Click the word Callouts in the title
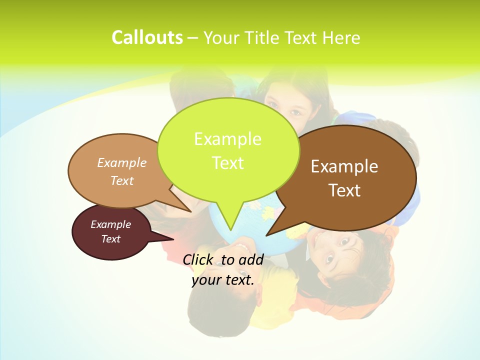point(147,37)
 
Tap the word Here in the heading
point(341,37)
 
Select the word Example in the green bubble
point(227,138)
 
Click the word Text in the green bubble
point(227,162)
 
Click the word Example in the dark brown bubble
point(344,166)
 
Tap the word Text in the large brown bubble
point(344,190)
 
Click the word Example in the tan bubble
point(122,162)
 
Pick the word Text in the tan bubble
point(122,180)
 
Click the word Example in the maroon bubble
point(110,224)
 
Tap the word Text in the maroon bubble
point(110,239)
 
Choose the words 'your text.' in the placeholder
point(223,280)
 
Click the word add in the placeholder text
point(251,259)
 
